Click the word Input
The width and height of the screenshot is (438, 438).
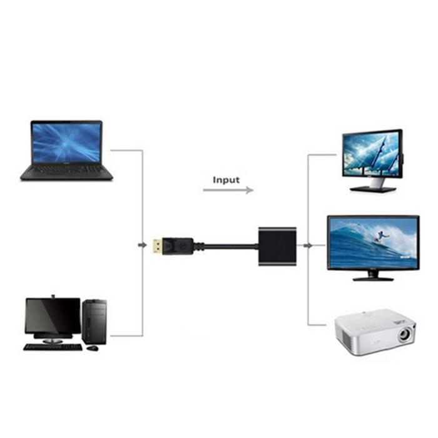226,180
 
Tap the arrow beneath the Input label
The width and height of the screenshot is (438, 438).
228,190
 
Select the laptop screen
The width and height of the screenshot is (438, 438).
66,143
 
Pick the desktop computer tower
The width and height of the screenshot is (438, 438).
94,322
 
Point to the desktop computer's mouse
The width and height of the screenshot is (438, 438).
93,349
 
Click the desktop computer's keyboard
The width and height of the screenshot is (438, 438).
53,347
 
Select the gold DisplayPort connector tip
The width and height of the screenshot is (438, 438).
158,246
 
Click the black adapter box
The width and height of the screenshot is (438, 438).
277,247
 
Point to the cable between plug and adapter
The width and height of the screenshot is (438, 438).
229,247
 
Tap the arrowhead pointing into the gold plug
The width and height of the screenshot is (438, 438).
143,245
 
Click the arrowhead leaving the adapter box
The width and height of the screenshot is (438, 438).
308,245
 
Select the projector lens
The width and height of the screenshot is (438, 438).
404,334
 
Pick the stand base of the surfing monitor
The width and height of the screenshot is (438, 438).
373,279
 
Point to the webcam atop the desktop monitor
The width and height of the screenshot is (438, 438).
53,297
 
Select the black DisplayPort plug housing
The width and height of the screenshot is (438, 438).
178,246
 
